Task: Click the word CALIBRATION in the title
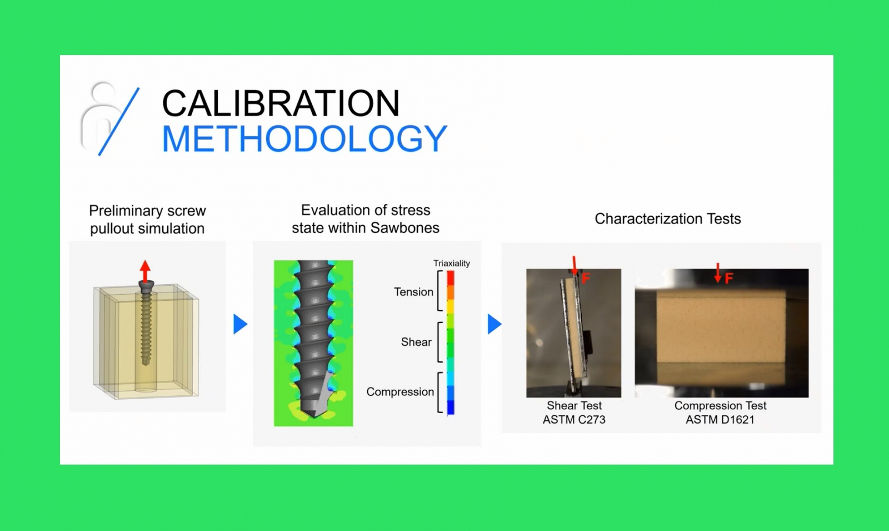(x=281, y=103)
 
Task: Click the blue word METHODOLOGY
(x=304, y=138)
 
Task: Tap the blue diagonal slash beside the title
(x=119, y=122)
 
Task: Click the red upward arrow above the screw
(x=145, y=271)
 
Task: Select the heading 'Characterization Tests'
(x=667, y=219)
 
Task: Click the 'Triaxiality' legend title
(x=451, y=264)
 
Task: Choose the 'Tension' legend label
(x=413, y=292)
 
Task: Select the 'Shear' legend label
(x=416, y=342)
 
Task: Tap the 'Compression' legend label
(x=400, y=392)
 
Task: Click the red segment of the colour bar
(x=451, y=278)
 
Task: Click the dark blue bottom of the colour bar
(x=451, y=408)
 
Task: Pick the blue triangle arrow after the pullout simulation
(x=240, y=324)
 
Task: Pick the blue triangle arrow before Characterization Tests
(x=495, y=324)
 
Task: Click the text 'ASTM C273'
(x=574, y=420)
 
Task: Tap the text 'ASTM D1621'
(x=720, y=420)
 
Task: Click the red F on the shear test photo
(x=586, y=279)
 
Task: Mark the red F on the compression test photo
(x=728, y=279)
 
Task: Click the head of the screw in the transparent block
(x=146, y=286)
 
